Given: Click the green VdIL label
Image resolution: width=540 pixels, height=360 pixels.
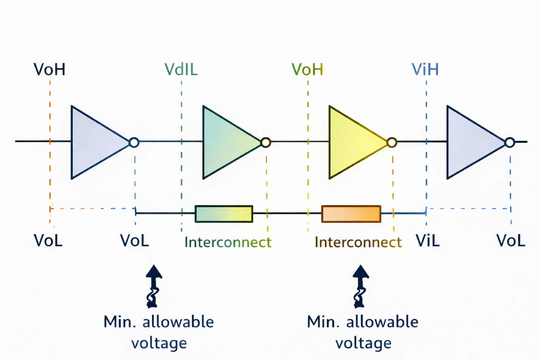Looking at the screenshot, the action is pyautogui.click(x=181, y=70).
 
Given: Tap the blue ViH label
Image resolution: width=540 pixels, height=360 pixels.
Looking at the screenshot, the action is pyautogui.click(x=425, y=70).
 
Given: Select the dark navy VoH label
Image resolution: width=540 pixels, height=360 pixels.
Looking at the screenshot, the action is pyautogui.click(x=50, y=70).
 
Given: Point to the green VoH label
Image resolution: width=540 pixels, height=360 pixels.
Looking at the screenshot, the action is pyautogui.click(x=307, y=70).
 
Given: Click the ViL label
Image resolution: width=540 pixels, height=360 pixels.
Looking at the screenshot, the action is pyautogui.click(x=427, y=240).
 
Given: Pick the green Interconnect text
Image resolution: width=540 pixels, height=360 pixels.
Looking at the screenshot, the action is pyautogui.click(x=228, y=242).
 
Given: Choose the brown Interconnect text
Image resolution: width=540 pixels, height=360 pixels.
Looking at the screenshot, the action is pyautogui.click(x=358, y=242).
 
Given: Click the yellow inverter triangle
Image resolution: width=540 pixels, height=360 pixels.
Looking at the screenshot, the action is pyautogui.click(x=354, y=142).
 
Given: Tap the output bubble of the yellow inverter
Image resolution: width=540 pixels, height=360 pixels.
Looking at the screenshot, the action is pyautogui.click(x=392, y=142).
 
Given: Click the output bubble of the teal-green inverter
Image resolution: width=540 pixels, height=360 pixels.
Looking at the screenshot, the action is pyautogui.click(x=266, y=142).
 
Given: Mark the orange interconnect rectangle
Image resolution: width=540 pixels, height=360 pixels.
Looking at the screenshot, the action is pyautogui.click(x=351, y=214).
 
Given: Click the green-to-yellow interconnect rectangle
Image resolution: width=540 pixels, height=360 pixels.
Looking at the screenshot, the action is pyautogui.click(x=224, y=214).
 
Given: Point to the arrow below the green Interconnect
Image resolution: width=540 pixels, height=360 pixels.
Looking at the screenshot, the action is pyautogui.click(x=154, y=286).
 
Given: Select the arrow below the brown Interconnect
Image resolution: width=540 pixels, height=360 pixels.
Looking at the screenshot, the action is pyautogui.click(x=361, y=286).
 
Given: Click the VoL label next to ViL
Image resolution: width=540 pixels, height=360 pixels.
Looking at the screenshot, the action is pyautogui.click(x=510, y=240).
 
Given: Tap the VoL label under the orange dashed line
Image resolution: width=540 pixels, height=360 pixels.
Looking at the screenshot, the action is pyautogui.click(x=48, y=240).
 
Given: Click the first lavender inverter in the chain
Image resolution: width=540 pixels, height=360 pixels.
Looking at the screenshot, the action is pyautogui.click(x=96, y=142).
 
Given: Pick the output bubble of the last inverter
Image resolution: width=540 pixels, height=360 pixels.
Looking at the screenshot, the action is pyautogui.click(x=510, y=142).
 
